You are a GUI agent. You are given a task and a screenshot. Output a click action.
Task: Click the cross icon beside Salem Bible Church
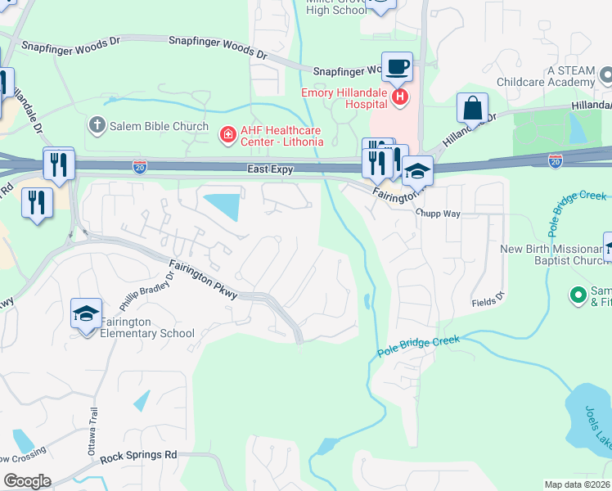[x=97, y=126]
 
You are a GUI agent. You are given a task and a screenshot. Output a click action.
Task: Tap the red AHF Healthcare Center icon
[x=227, y=132]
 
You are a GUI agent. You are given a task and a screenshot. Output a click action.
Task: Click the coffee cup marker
[x=398, y=67]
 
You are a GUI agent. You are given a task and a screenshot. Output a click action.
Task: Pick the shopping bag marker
[x=473, y=108]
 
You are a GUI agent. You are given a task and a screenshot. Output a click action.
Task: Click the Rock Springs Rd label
[x=138, y=455]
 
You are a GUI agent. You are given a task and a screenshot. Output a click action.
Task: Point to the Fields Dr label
[x=489, y=302]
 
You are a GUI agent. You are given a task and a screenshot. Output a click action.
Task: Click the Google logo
[x=28, y=481]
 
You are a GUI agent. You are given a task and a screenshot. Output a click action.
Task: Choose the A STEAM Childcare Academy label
[x=560, y=77]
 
